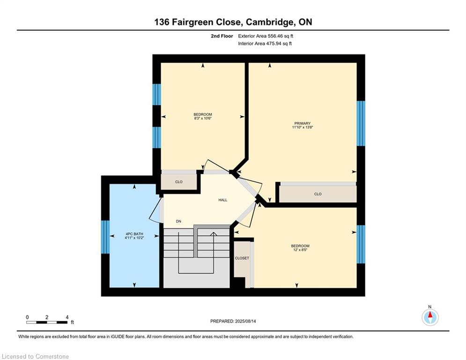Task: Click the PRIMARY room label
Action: (302, 123)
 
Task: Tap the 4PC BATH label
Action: (134, 234)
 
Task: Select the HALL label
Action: (223, 200)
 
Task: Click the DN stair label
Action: (178, 221)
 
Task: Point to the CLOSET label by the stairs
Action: (242, 258)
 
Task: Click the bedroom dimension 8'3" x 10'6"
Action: (203, 119)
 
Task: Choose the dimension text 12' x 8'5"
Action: (300, 250)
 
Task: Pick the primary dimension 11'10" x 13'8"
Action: (303, 127)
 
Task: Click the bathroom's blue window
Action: (105, 237)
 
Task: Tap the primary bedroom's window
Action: (361, 123)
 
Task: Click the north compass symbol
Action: (430, 317)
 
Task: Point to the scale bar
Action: (47, 322)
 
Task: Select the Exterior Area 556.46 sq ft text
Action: (266, 36)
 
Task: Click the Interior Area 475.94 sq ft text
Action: (265, 44)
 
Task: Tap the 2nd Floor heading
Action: (222, 36)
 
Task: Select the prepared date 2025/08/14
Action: (245, 321)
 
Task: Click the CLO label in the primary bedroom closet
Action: (318, 194)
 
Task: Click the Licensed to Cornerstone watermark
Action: (35, 356)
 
